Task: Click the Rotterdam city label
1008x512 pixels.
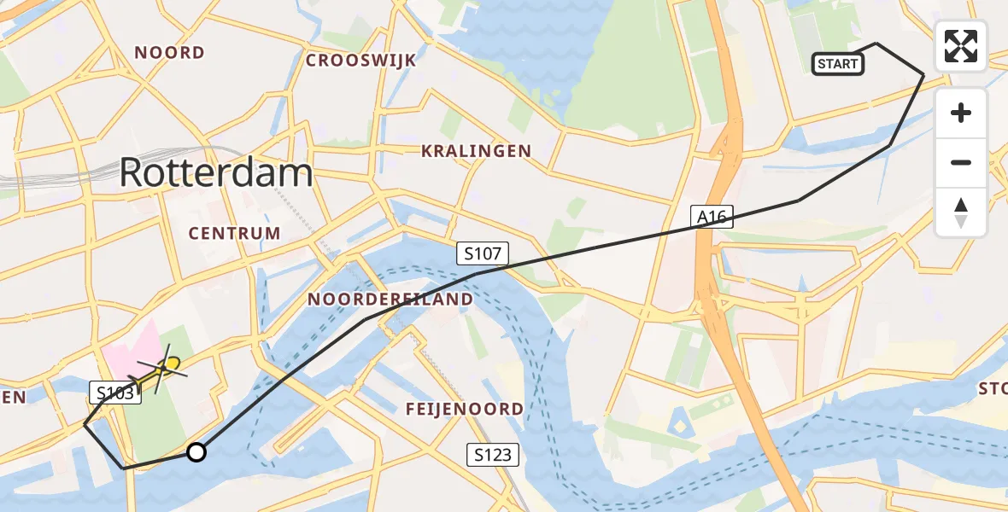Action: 215,173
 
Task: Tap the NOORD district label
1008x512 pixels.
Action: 170,53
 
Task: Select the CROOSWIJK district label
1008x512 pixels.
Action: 360,61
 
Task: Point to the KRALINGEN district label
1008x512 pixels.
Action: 476,151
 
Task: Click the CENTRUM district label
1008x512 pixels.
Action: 234,233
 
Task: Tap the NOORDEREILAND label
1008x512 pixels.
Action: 390,300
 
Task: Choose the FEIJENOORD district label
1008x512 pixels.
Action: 464,410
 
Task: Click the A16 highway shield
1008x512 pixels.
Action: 711,217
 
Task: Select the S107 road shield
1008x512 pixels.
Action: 483,253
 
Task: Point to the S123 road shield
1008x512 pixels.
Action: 495,455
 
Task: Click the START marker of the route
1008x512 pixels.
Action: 837,64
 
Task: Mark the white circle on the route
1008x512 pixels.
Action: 196,452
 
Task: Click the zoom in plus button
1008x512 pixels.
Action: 961,113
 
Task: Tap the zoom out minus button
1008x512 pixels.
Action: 961,162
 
